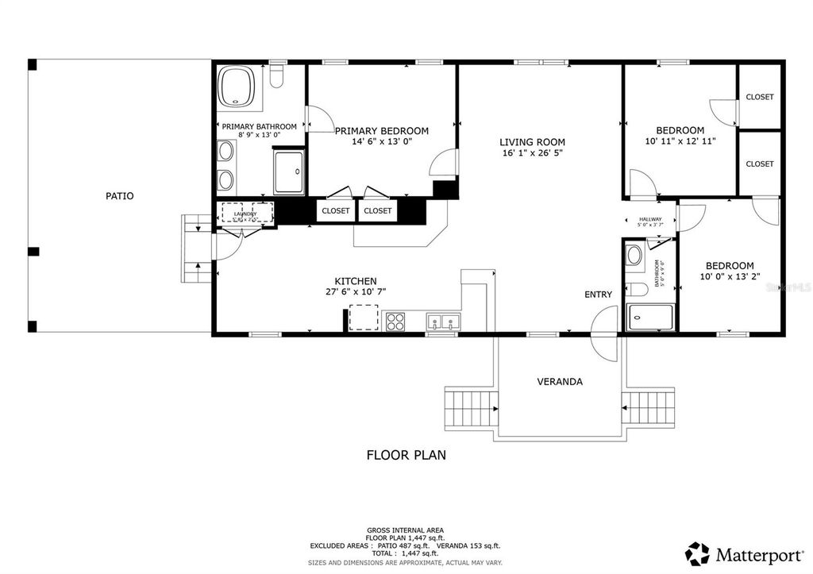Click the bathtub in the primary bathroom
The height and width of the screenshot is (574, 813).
click(x=236, y=86)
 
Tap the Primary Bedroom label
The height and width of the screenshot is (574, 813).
click(x=381, y=131)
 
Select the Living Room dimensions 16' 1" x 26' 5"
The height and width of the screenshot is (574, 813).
click(x=532, y=153)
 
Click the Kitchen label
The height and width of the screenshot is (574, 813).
click(x=355, y=281)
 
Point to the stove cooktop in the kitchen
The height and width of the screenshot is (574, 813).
click(x=395, y=322)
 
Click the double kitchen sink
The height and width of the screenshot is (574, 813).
click(x=443, y=322)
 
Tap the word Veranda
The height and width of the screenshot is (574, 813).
click(x=560, y=381)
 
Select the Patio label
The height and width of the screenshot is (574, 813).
click(x=119, y=195)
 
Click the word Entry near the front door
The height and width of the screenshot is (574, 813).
click(x=598, y=295)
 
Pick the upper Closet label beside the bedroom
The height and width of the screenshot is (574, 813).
click(x=760, y=97)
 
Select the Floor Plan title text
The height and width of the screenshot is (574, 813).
click(x=406, y=455)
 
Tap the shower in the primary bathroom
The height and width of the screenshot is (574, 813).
click(x=288, y=171)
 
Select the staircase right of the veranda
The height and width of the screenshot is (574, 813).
click(x=649, y=408)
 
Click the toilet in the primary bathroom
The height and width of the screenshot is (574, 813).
click(x=276, y=76)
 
